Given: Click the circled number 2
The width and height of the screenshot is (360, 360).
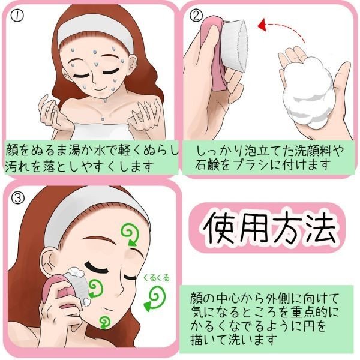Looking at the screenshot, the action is [196, 16].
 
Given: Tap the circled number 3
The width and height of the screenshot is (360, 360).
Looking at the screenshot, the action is [17, 198].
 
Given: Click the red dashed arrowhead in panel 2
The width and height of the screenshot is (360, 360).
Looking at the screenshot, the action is [262, 25].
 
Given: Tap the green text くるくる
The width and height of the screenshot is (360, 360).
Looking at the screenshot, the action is [157, 278].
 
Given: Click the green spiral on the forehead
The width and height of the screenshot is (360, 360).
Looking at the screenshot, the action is [130, 235].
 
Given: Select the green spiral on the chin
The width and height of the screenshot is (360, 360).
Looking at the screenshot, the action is [104, 322].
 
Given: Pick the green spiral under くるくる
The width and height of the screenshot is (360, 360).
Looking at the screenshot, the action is [154, 298].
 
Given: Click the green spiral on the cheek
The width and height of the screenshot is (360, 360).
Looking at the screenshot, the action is [96, 288].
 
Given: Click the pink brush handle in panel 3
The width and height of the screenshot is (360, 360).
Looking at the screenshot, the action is [60, 292].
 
